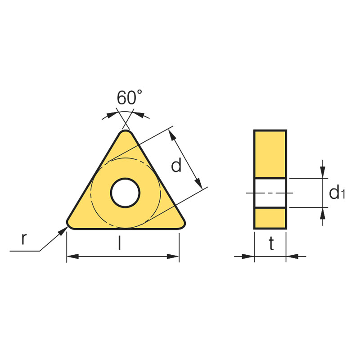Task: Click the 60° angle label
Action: [129, 97]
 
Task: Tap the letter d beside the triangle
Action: [176, 165]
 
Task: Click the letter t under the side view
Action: [271, 243]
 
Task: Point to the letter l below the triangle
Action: [119, 243]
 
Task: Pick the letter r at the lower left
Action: [24, 238]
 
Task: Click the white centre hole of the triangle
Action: [125, 193]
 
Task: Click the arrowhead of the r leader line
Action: [63, 231]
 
